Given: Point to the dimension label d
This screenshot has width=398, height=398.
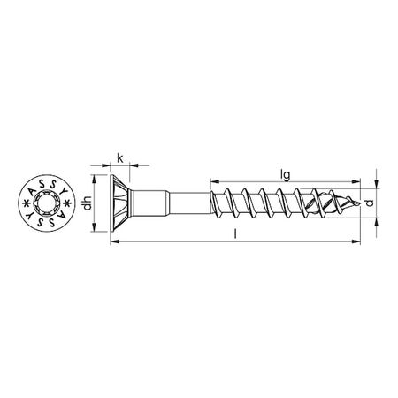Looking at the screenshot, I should [381, 204].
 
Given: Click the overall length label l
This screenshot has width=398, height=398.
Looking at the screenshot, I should [237, 236].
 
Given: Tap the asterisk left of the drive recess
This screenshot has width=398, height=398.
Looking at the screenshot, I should [23, 208].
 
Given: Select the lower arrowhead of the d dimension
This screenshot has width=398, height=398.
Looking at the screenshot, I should [374, 223].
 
